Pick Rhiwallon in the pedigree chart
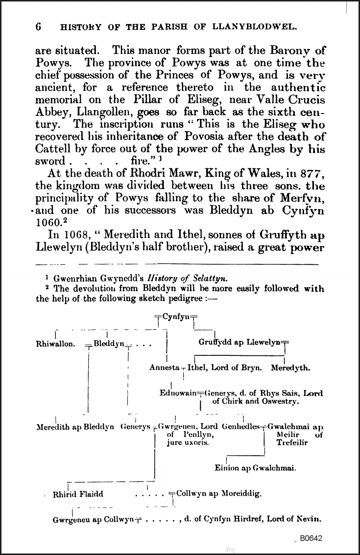pyautogui.click(x=56, y=344)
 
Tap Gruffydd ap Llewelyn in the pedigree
pyautogui.click(x=240, y=343)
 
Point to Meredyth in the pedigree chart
pyautogui.click(x=290, y=368)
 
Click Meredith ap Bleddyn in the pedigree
pyautogui.click(x=75, y=427)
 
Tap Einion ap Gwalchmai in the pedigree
pyautogui.click(x=255, y=468)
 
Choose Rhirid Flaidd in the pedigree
pyautogui.click(x=78, y=494)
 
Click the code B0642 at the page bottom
pyautogui.click(x=312, y=538)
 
